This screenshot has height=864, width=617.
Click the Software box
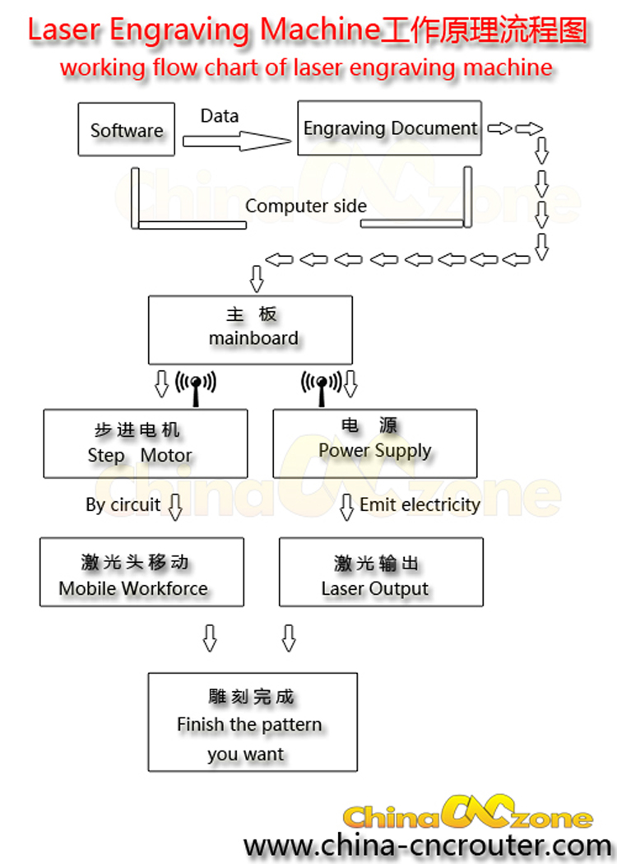click(x=126, y=129)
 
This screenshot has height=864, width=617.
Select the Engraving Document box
click(x=389, y=128)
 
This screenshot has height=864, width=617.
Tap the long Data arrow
click(x=237, y=141)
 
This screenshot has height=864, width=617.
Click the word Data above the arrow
click(x=219, y=116)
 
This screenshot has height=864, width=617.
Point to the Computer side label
click(x=305, y=206)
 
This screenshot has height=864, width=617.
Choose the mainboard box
click(x=250, y=329)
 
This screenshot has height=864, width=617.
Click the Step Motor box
click(x=145, y=444)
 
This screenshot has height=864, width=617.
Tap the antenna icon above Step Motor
click(x=196, y=387)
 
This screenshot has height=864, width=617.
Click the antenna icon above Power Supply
click(x=322, y=387)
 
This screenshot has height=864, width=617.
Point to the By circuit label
click(x=123, y=504)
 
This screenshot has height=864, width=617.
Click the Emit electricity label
click(x=420, y=504)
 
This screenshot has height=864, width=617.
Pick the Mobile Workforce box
click(x=141, y=572)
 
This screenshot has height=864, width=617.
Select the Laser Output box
click(x=381, y=572)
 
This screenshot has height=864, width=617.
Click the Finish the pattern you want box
click(x=253, y=722)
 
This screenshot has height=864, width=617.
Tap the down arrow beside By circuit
click(x=174, y=506)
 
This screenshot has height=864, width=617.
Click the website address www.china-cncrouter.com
click(x=427, y=844)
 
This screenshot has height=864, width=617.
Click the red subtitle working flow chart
click(x=305, y=67)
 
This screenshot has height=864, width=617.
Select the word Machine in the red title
click(x=314, y=30)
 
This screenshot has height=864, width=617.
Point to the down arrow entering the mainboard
click(x=256, y=278)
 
